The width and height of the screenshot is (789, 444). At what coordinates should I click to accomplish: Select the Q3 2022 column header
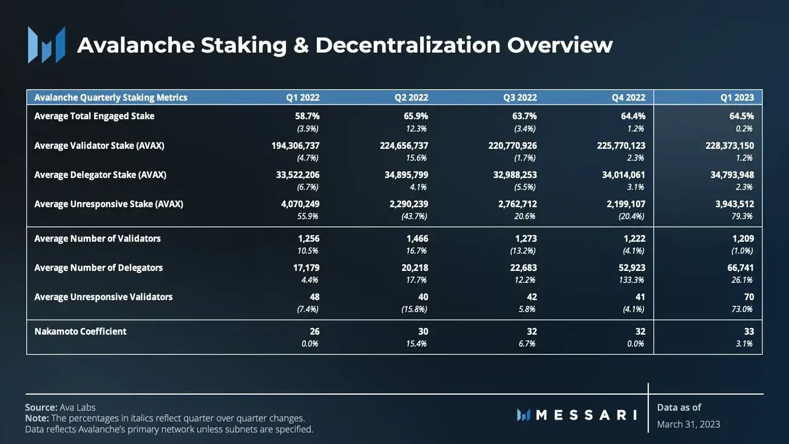520,97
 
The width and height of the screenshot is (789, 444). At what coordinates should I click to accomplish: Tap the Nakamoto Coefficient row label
80,332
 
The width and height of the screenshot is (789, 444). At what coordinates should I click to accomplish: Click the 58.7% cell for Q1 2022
303,116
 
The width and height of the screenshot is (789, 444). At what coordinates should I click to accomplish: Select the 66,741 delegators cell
740,268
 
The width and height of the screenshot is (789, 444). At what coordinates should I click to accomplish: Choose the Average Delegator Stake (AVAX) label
100,175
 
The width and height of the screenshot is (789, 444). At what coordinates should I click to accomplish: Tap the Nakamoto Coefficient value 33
749,332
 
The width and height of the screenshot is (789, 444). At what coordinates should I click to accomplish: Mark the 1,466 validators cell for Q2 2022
417,239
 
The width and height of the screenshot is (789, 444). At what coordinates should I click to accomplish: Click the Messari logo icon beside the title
46,45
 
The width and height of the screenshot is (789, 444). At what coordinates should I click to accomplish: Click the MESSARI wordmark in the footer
586,415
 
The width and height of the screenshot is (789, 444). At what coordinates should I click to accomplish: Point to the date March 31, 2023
688,424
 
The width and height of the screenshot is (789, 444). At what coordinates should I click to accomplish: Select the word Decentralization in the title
408,46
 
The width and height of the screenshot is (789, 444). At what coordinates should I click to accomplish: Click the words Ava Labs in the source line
78,408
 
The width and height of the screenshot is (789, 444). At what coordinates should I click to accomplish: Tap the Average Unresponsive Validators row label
103,297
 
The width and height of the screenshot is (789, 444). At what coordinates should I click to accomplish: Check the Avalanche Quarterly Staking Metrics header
110,97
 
